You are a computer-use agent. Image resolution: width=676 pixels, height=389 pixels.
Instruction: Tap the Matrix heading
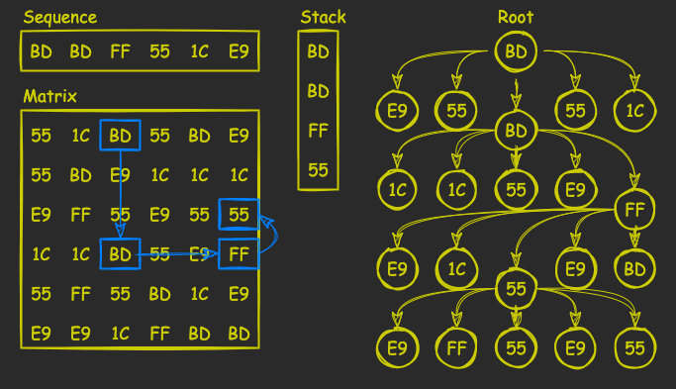[49, 96]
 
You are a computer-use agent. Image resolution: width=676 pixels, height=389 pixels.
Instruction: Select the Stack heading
[323, 17]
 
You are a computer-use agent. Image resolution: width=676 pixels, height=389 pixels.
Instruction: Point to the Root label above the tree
[516, 17]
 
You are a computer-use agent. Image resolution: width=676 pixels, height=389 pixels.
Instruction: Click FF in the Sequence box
[120, 50]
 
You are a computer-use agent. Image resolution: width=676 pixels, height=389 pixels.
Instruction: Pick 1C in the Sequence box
[199, 50]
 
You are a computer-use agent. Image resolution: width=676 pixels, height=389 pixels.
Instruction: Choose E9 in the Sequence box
[239, 50]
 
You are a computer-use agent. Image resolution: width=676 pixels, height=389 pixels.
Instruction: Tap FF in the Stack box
[318, 130]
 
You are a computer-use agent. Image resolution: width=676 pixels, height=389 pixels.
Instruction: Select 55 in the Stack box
[318, 169]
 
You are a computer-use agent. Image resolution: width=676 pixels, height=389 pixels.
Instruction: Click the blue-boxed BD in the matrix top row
[120, 136]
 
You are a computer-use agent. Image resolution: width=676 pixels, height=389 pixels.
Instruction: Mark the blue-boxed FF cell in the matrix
[239, 254]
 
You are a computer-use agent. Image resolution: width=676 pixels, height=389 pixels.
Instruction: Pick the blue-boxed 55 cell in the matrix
[239, 215]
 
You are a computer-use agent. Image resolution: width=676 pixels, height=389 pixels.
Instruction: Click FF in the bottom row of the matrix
[159, 334]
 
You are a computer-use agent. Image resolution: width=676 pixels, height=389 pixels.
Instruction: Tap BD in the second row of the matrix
[80, 175]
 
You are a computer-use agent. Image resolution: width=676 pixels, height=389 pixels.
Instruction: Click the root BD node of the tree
[516, 49]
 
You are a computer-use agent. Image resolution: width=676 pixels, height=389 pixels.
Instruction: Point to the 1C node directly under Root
[634, 110]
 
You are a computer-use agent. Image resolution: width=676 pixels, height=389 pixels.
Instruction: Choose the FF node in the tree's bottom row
[456, 347]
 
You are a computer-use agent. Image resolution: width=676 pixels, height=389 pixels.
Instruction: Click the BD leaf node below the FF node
[634, 267]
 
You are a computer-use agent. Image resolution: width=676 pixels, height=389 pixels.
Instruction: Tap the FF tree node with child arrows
[634, 209]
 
